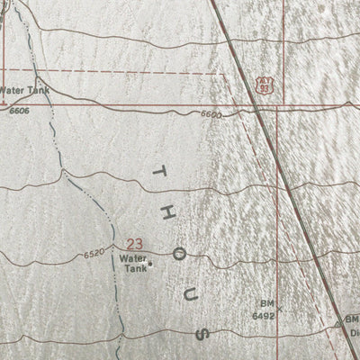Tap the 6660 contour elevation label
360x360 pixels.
pos(211,115)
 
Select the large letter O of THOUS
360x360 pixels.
pos(179,255)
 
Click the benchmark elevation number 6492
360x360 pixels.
pos(263,316)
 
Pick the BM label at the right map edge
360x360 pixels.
pos(353,318)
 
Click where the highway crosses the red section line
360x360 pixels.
pos(256,111)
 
